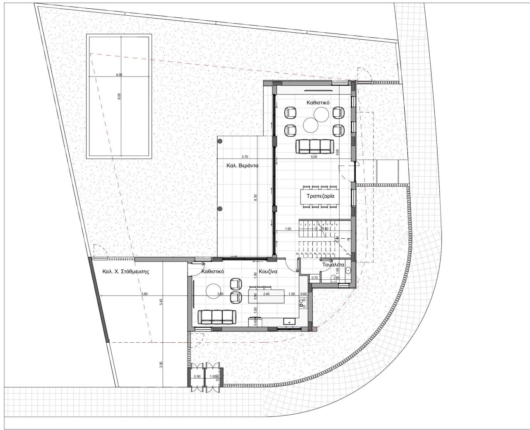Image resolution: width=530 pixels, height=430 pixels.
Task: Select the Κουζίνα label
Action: [268, 272]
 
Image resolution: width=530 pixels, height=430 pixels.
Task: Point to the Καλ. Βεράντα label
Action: [242, 166]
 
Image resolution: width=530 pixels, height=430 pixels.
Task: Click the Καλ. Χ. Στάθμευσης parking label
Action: [125, 272]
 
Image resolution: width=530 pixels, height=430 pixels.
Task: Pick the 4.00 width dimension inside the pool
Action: [119, 75]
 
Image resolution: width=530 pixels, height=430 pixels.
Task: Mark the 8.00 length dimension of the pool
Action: [119, 96]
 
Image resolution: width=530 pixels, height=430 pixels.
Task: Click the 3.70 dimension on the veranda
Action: [244, 157]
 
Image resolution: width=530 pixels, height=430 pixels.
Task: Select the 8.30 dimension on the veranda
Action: [255, 198]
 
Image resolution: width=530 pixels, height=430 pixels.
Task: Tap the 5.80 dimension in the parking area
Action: [144, 294]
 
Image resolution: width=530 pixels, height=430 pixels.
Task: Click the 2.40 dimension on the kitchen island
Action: [266, 294]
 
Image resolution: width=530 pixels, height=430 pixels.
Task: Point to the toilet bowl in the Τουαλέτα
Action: [348, 272]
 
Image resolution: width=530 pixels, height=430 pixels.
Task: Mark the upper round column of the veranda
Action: [220, 142]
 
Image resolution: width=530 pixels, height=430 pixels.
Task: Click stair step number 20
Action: [297, 254]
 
